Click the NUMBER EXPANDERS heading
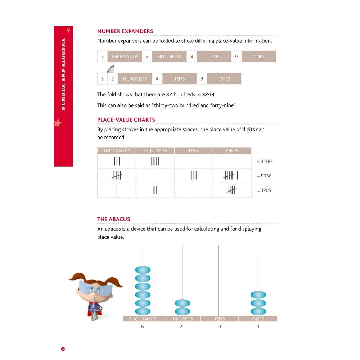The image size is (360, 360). tap(125, 31)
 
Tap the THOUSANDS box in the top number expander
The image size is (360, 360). tap(125, 57)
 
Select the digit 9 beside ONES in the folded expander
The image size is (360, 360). tap(202, 79)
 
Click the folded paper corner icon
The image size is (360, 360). tap(111, 68)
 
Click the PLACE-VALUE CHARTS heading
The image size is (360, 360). tap(126, 120)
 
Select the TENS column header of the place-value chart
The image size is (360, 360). tap(193, 151)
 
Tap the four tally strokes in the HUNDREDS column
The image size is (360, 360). tap(155, 161)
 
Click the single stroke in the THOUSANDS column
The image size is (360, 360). tap(116, 190)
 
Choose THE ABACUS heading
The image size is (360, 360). tap(114, 219)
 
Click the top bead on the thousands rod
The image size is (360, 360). tap(143, 270)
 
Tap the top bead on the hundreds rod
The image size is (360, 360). tap(182, 303)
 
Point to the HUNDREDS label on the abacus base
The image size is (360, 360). tap(181, 319)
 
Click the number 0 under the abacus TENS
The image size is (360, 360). tap(219, 327)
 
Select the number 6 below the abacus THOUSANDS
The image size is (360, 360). tap(143, 327)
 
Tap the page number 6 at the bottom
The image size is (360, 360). tap(63, 349)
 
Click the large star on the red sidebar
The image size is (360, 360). tap(58, 123)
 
